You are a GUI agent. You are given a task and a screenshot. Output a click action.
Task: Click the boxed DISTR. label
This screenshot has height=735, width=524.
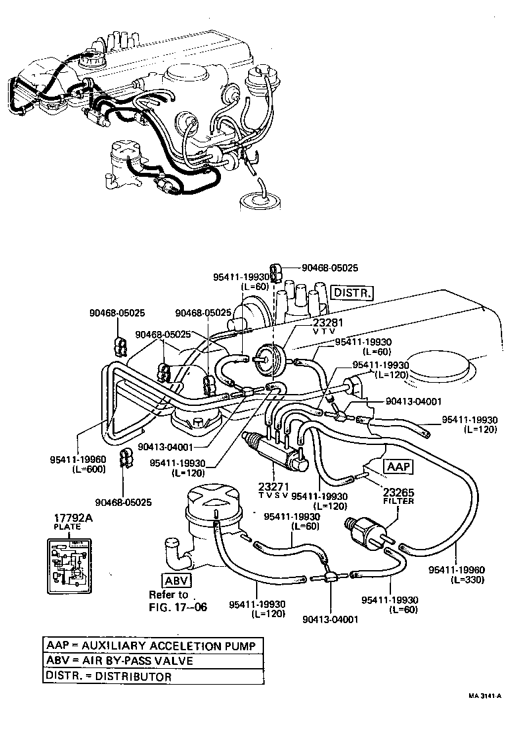tap(353, 293)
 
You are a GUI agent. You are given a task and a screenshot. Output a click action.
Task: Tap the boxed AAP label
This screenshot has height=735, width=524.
tap(399, 467)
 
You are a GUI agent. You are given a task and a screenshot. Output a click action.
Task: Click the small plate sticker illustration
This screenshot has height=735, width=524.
tap(68, 565)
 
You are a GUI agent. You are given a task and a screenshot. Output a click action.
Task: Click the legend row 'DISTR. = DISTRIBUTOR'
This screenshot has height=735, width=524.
tap(109, 676)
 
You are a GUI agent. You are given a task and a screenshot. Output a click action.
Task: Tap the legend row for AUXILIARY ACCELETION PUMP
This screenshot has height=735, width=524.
tap(149, 645)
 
